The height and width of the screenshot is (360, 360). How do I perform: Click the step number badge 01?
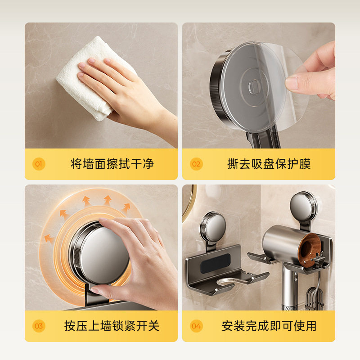39,164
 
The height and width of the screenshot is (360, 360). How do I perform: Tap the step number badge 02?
196,164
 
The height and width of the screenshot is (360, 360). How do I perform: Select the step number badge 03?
39,326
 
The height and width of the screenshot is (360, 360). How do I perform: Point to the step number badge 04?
196,326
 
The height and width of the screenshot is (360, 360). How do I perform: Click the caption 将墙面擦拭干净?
112,164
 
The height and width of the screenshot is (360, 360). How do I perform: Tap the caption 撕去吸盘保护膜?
269,164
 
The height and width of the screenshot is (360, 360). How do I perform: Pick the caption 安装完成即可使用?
269,326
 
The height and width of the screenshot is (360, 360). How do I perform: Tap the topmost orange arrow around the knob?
107,199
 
